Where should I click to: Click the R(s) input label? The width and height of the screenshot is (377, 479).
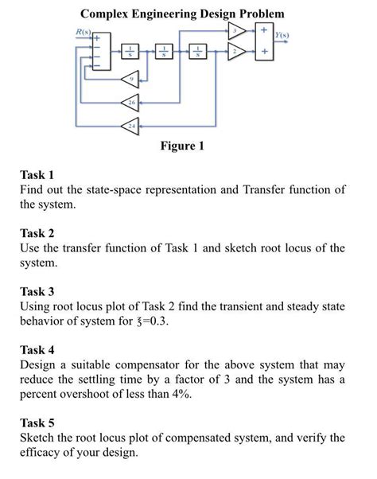click(82, 31)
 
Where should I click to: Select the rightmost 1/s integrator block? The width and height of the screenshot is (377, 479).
click(194, 53)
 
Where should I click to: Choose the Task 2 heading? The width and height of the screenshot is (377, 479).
click(37, 233)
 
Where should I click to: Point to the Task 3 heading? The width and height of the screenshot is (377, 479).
click(37, 291)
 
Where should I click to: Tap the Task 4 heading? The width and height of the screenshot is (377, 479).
click(37, 349)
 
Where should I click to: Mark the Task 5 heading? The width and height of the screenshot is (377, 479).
click(37, 423)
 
